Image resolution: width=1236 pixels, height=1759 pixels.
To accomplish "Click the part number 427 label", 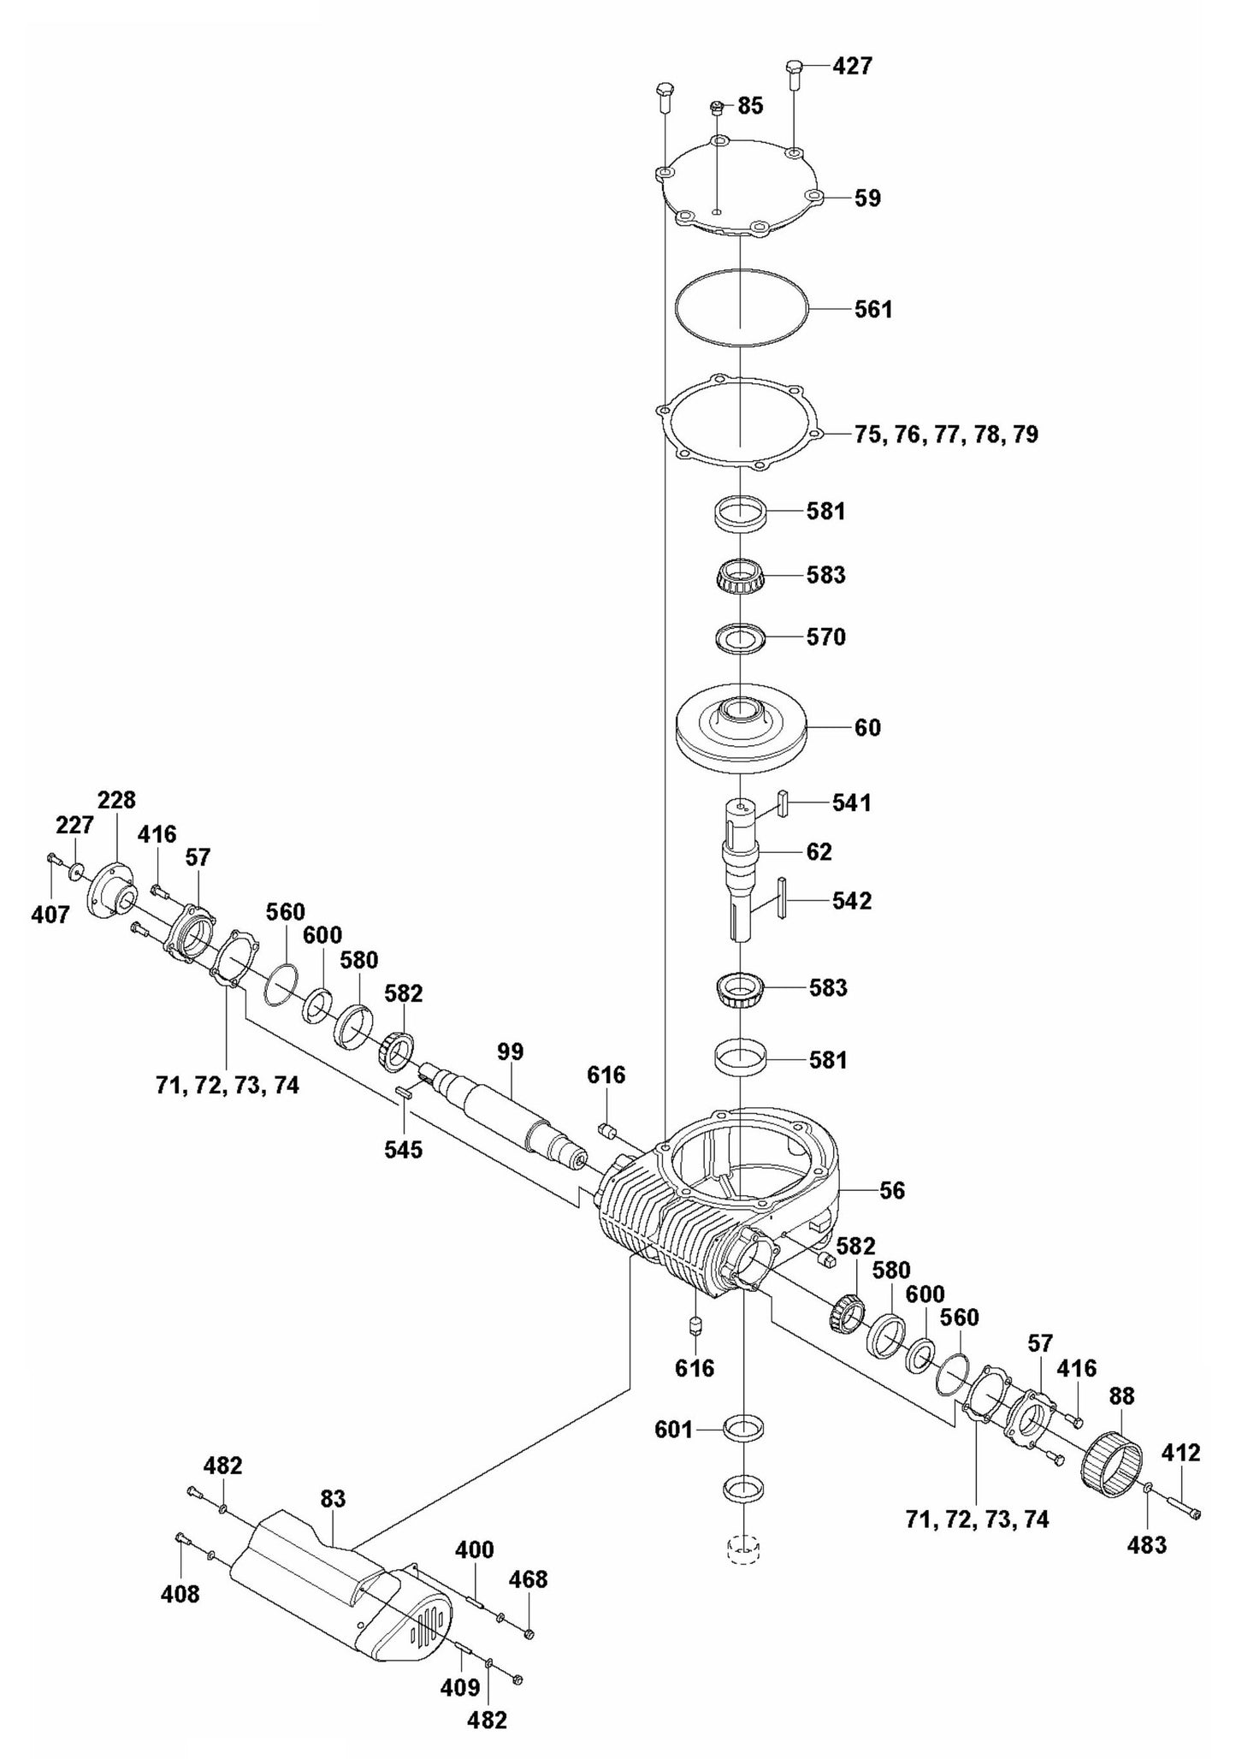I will (852, 66).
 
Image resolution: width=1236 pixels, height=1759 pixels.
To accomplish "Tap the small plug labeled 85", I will (717, 107).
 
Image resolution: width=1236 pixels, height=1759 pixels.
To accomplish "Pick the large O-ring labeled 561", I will (741, 308).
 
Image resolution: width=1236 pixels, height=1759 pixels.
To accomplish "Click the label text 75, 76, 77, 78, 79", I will (946, 435).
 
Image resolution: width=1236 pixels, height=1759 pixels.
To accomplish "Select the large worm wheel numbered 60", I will (741, 727).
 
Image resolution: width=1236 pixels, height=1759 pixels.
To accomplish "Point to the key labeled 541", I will (782, 804).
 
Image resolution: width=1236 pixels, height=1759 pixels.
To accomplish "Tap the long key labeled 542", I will (781, 897).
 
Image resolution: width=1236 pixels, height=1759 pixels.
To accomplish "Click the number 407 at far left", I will (50, 915).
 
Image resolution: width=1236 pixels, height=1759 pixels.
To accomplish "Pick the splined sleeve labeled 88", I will (1111, 1465).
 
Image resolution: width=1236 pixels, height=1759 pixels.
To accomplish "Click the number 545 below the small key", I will (403, 1149).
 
